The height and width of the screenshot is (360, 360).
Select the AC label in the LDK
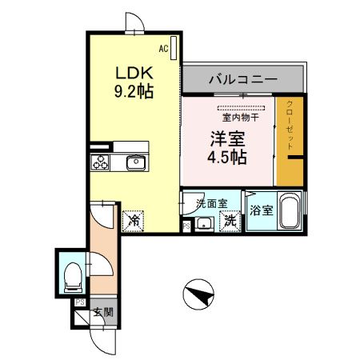pos(163,49)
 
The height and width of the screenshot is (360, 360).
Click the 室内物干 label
pos(240,118)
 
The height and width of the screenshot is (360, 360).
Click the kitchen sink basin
pos(133,163)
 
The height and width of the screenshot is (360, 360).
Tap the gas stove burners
pos(102,163)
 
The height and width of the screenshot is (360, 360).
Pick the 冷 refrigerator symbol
pos(133,218)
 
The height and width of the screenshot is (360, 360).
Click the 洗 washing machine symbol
pos(230,220)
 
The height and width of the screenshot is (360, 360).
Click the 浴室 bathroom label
pos(260,212)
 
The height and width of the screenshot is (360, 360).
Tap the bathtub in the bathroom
pos(288,212)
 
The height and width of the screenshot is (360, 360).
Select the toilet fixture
pos(71,274)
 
